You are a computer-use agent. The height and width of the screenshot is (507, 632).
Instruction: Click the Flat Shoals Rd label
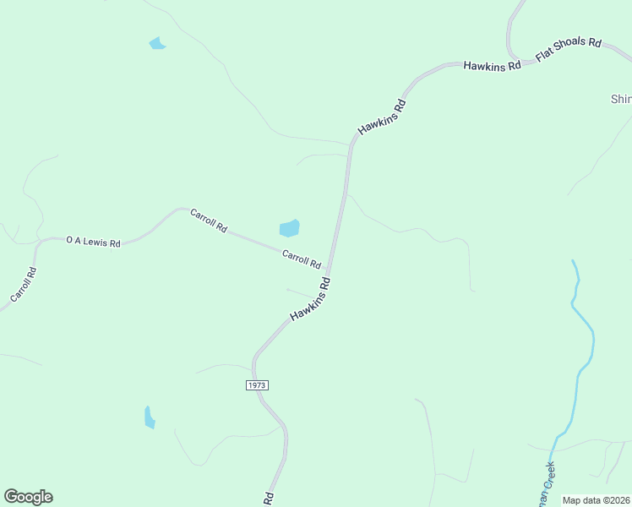568,50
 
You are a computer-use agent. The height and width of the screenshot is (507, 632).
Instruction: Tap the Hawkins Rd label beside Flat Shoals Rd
492,65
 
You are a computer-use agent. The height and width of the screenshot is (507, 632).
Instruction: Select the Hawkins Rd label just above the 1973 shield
309,299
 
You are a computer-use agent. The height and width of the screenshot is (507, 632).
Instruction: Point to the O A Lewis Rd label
93,242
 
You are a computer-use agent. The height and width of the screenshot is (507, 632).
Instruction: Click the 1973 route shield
258,384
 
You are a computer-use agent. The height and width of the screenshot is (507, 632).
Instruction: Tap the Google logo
28,497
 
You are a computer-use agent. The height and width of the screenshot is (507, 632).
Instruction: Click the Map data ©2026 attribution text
596,500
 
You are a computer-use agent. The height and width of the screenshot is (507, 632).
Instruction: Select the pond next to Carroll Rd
289,228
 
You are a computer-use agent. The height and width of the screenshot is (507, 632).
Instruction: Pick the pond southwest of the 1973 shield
150,417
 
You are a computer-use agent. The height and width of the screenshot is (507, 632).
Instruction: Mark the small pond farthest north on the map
157,43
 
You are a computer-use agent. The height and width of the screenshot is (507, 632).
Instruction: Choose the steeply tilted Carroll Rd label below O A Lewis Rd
24,286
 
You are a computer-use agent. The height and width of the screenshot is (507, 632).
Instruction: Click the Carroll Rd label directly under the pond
302,259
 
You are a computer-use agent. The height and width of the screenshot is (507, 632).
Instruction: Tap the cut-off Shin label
621,99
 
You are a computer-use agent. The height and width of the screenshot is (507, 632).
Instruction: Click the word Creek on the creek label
551,475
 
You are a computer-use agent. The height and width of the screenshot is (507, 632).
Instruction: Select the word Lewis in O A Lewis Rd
99,243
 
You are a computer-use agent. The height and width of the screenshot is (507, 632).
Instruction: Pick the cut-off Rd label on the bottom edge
270,499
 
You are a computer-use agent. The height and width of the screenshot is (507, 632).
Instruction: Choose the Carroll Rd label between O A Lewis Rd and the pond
209,221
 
